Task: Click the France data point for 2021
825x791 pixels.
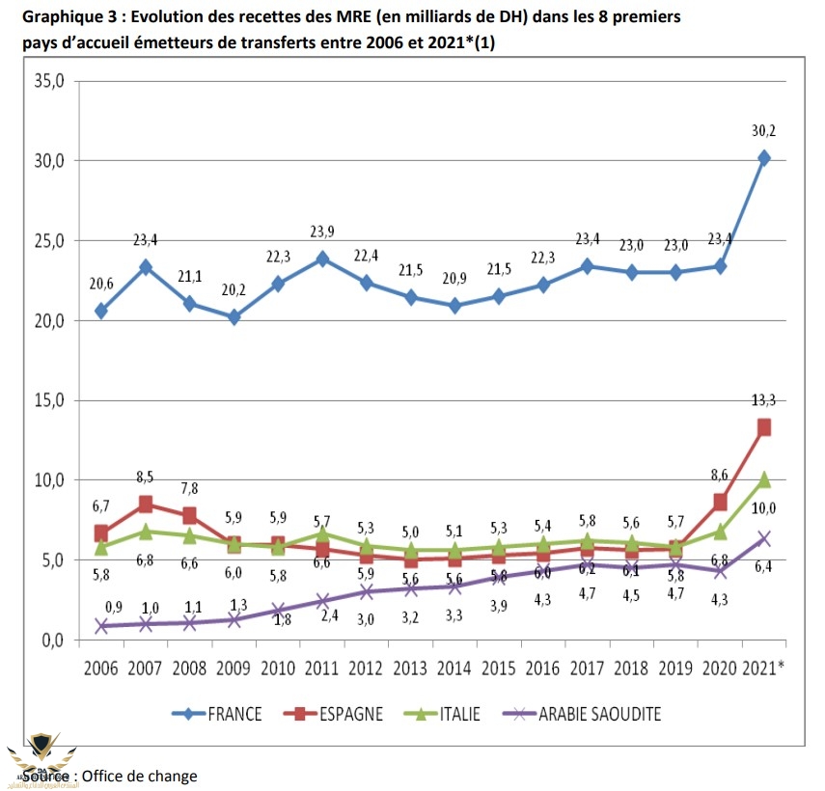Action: tap(763, 158)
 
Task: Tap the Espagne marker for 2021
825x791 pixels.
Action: tap(763, 427)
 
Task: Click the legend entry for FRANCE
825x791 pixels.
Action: tap(233, 714)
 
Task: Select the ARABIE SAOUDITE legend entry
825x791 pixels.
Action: tap(597, 714)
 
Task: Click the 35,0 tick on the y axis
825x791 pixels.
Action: tap(47, 81)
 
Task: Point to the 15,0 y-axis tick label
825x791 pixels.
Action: tap(47, 400)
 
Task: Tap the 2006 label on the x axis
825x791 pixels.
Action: tap(100, 668)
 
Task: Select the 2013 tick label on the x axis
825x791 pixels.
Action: tap(409, 668)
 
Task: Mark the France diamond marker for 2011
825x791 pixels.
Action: tap(321, 259)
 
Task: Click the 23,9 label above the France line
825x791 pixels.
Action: tap(321, 231)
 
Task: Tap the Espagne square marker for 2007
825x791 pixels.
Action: tap(145, 504)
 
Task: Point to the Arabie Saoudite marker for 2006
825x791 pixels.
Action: tap(100, 625)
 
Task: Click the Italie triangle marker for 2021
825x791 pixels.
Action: tap(763, 479)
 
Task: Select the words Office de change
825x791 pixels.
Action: tap(139, 776)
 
